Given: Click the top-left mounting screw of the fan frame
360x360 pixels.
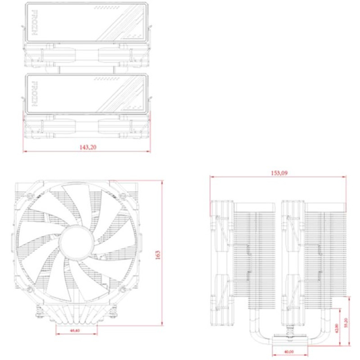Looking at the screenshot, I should (28, 196).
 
